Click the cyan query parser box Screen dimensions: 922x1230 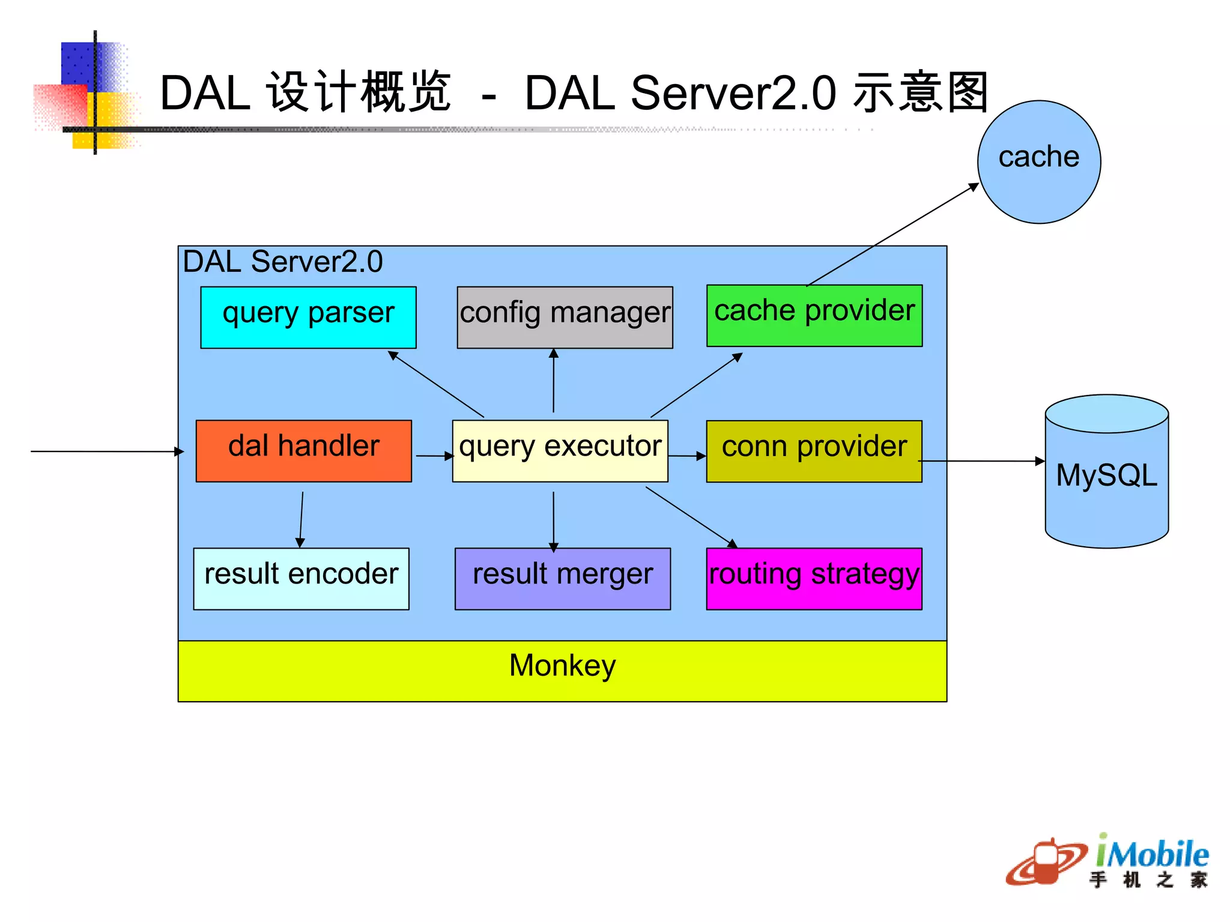(308, 317)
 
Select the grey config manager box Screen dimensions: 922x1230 (565, 317)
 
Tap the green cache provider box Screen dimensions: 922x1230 (814, 316)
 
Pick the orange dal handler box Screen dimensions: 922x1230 (304, 451)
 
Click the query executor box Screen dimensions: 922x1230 (560, 451)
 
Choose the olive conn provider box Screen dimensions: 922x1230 (814, 451)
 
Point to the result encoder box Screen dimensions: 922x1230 (301, 579)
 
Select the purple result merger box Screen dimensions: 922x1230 (562, 579)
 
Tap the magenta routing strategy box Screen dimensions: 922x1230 (814, 579)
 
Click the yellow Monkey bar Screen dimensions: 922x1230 (562, 670)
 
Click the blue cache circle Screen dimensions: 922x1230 (1039, 162)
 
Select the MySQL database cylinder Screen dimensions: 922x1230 (1106, 474)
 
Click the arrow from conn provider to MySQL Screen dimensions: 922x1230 (982, 461)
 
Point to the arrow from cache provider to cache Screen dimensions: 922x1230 (893, 235)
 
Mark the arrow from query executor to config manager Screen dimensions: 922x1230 (554, 381)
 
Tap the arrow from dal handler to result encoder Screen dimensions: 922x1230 (301, 519)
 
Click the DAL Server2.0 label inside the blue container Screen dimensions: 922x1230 (282, 262)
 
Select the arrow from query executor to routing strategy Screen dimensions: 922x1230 (691, 517)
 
